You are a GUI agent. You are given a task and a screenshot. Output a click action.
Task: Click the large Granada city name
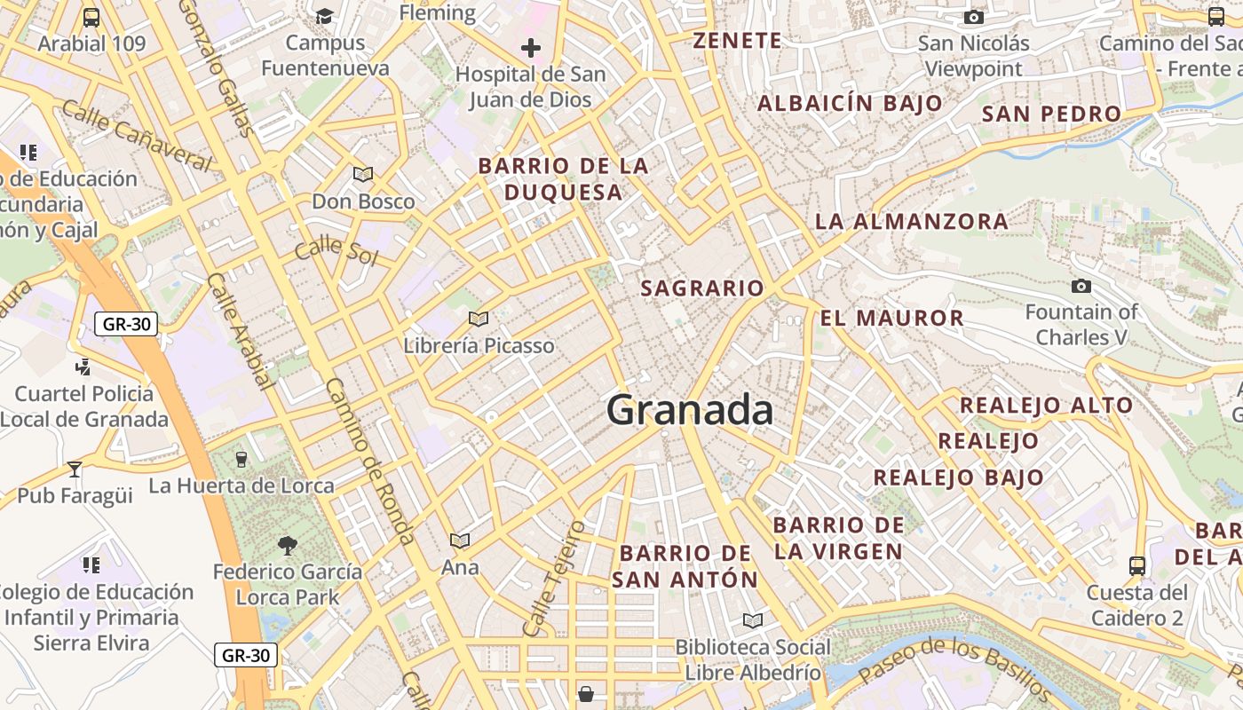pos(690,411)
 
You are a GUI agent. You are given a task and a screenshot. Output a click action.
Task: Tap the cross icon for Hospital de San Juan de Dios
pos(531,48)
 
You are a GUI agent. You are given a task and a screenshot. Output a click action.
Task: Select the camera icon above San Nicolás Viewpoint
pos(974,17)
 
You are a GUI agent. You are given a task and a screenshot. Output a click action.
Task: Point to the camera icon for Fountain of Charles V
pos(1081,286)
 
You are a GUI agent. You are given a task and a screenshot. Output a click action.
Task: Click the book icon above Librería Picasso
pos(479,319)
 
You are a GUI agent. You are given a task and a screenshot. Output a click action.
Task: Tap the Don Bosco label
pos(363,201)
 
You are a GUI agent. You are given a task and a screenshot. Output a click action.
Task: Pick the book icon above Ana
pos(460,540)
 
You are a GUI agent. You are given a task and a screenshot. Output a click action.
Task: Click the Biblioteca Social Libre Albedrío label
pos(753,659)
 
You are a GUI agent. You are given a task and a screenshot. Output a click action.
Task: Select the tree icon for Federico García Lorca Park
pos(287,545)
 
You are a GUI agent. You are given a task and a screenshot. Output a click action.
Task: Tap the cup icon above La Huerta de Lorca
pos(241,459)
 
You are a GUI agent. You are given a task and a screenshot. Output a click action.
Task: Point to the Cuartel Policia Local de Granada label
pos(84,406)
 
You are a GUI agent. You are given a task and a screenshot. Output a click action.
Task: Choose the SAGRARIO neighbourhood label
pos(702,288)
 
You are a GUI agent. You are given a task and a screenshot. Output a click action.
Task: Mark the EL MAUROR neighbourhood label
pos(891,318)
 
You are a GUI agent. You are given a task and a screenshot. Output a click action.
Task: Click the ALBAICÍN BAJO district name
pos(850,103)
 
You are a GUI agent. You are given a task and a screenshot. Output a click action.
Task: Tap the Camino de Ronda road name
pos(370,460)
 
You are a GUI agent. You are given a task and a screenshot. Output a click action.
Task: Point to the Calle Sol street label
pos(336,250)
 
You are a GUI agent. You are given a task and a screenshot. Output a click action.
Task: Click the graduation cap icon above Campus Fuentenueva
pos(324,17)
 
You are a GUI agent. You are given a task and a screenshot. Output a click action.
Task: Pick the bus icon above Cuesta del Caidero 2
pos(1136,565)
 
